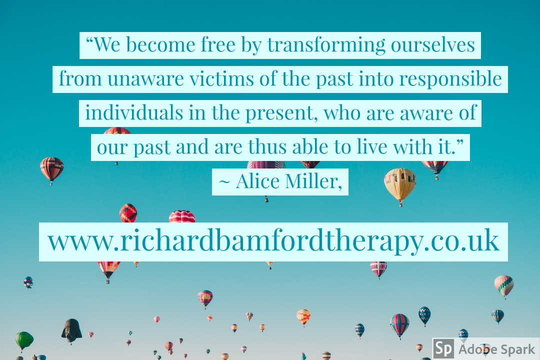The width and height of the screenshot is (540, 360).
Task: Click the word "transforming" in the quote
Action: (326, 45)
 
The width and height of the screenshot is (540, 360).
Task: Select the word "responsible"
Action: (450, 79)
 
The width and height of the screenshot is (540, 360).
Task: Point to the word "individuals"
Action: (134, 112)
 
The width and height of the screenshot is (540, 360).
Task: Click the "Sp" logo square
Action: (443, 348)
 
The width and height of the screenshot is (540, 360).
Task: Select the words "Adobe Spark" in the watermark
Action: (496, 349)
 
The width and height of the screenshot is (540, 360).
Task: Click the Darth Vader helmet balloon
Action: (71, 330)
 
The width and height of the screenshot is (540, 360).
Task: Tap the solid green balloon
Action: (24, 340)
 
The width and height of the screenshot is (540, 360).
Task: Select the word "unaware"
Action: (145, 79)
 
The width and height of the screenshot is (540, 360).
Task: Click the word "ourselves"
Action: (433, 45)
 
